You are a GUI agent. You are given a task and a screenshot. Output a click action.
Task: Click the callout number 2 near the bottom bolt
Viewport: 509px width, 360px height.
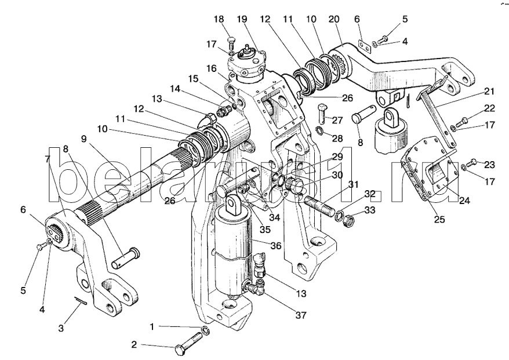(x=133, y=345)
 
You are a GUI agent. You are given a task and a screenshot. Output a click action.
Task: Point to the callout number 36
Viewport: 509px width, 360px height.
(x=275, y=245)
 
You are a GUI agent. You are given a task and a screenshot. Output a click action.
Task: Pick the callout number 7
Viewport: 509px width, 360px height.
(x=47, y=157)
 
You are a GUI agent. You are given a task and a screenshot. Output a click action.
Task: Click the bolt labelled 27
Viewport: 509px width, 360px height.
(x=323, y=111)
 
